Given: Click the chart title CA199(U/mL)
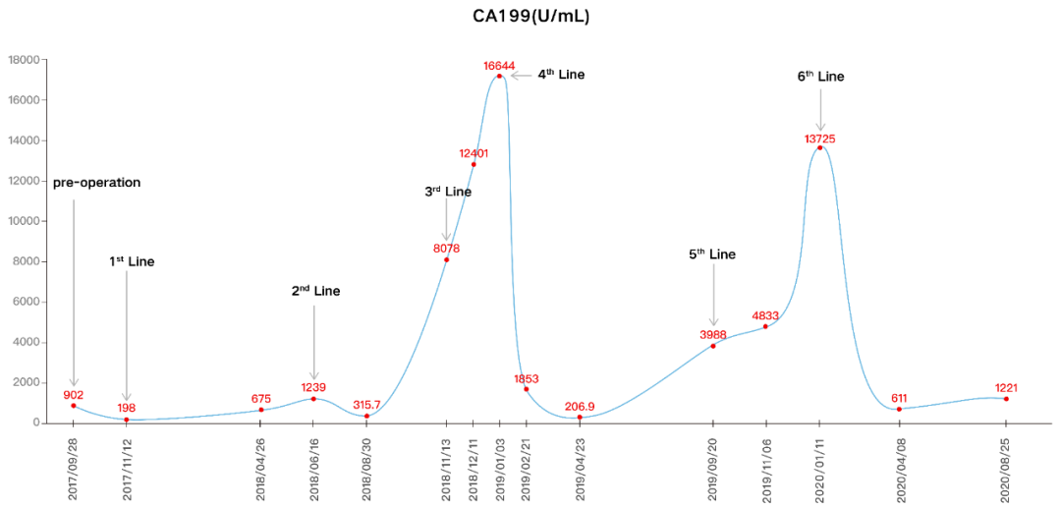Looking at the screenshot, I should click(531, 17).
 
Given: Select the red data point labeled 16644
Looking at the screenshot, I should click(499, 76).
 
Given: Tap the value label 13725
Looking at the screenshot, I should click(819, 139).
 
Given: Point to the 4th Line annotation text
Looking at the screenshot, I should click(561, 75).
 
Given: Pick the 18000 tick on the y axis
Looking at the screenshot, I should click(23, 60).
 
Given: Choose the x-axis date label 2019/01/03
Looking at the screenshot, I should click(499, 467).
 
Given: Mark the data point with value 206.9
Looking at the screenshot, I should click(580, 418).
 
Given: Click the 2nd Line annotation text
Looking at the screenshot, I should click(315, 291).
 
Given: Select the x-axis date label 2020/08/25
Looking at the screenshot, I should click(1006, 467).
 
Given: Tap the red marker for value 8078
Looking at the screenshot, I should click(446, 259).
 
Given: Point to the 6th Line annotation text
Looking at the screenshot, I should click(820, 77).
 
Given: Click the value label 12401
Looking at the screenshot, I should click(474, 153).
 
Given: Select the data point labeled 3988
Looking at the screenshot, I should click(713, 346).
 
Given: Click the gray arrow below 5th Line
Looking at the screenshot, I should click(713, 299).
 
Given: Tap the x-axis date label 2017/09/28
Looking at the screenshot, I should click(74, 467).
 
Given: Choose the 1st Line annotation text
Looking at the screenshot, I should click(132, 262).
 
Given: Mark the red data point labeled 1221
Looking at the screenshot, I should click(1006, 399).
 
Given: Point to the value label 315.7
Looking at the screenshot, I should click(366, 405).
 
